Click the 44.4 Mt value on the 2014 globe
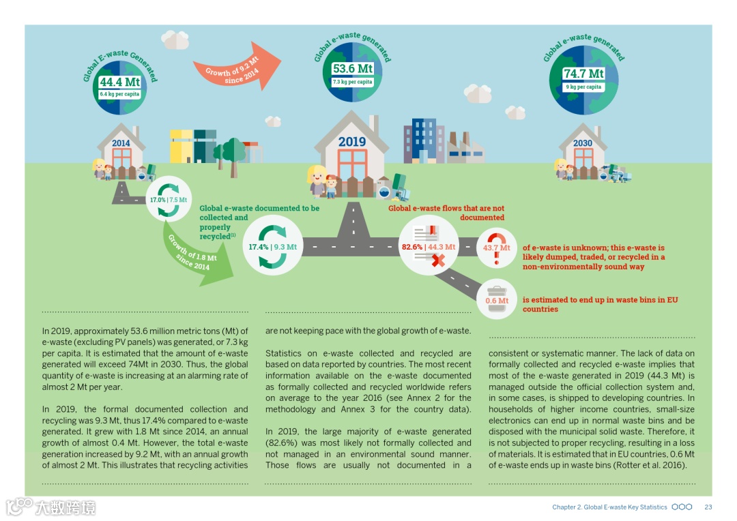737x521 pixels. tap(119, 83)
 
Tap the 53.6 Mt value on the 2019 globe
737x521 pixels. tap(352, 69)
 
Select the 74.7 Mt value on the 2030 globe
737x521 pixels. tap(583, 74)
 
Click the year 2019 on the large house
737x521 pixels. tap(351, 142)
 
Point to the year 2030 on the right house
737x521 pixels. tap(583, 143)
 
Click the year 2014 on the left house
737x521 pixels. tap(121, 143)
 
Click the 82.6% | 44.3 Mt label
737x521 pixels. tap(428, 247)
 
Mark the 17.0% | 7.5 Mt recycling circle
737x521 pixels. tap(168, 200)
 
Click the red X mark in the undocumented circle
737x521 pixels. tap(438, 260)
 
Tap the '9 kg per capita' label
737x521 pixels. tap(583, 87)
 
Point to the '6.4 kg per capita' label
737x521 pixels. tap(119, 94)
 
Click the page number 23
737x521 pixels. tap(708, 507)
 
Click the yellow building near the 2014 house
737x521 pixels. tap(181, 146)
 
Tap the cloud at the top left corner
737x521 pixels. tap(176, 40)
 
